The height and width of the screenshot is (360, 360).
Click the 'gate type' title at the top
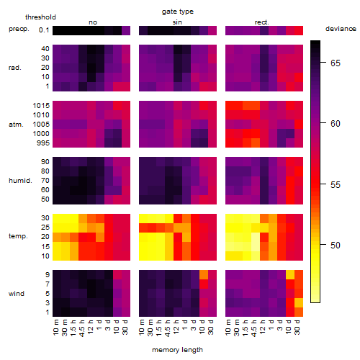click(x=178, y=12)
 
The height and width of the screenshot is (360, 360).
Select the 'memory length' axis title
click(x=177, y=350)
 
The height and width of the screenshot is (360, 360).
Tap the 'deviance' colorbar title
click(x=341, y=29)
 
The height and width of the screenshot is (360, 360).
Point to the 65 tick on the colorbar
click(x=323, y=63)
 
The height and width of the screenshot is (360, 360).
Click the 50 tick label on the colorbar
click(x=336, y=246)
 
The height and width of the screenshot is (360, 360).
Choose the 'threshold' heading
click(x=40, y=17)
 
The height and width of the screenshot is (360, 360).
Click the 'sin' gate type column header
click(x=177, y=22)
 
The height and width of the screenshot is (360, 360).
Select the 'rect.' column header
click(x=261, y=22)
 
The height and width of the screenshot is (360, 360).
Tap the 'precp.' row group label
click(x=19, y=29)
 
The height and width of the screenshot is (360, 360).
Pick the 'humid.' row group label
click(x=20, y=181)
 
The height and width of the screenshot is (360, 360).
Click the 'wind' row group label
click(x=17, y=294)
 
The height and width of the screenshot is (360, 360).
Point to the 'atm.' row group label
click(x=16, y=125)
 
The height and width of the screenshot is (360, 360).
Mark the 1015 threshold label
click(x=41, y=106)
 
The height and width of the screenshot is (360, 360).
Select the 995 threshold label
click(x=43, y=143)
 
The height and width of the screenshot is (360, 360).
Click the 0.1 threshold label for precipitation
click(x=44, y=30)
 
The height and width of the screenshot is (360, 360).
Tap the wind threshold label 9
click(x=48, y=275)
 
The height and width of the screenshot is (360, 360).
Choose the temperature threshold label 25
click(x=45, y=228)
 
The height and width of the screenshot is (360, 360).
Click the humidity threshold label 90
click(x=45, y=162)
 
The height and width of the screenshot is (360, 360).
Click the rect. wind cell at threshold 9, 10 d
click(x=290, y=274)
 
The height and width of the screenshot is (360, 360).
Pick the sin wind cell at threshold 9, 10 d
click(x=204, y=274)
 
